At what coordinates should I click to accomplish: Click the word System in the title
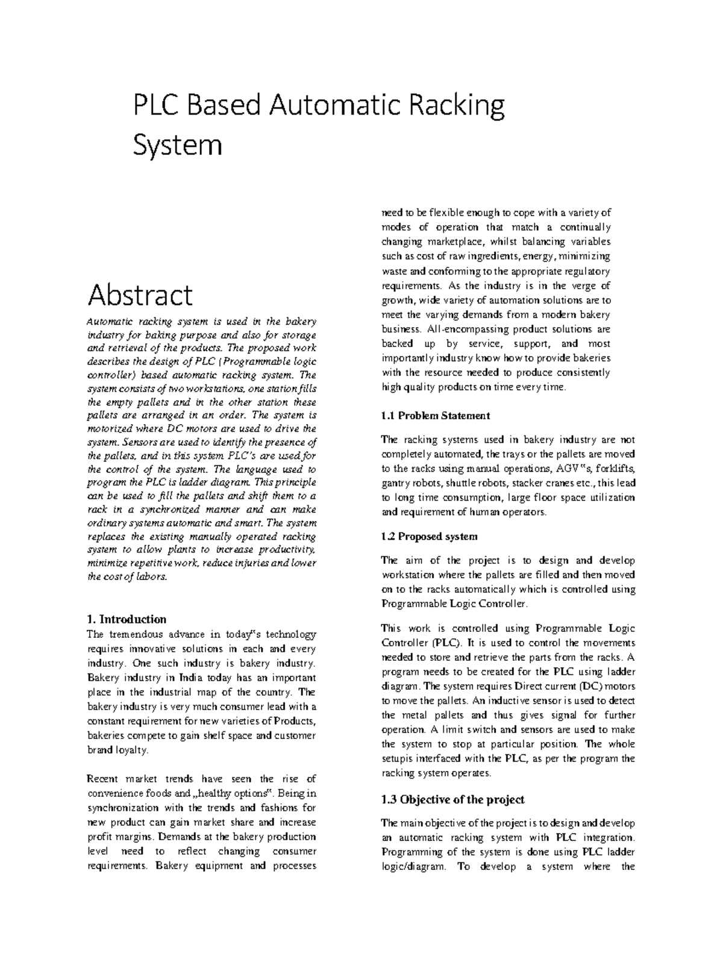coord(177,146)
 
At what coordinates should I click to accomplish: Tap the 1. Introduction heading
coord(126,619)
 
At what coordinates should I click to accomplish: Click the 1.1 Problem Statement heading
coord(435,416)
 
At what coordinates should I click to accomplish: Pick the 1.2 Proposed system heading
coord(429,536)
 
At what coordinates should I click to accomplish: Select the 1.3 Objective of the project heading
coord(452,799)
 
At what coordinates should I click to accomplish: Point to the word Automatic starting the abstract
coord(110,322)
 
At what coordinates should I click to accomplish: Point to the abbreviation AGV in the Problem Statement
coord(563,469)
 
